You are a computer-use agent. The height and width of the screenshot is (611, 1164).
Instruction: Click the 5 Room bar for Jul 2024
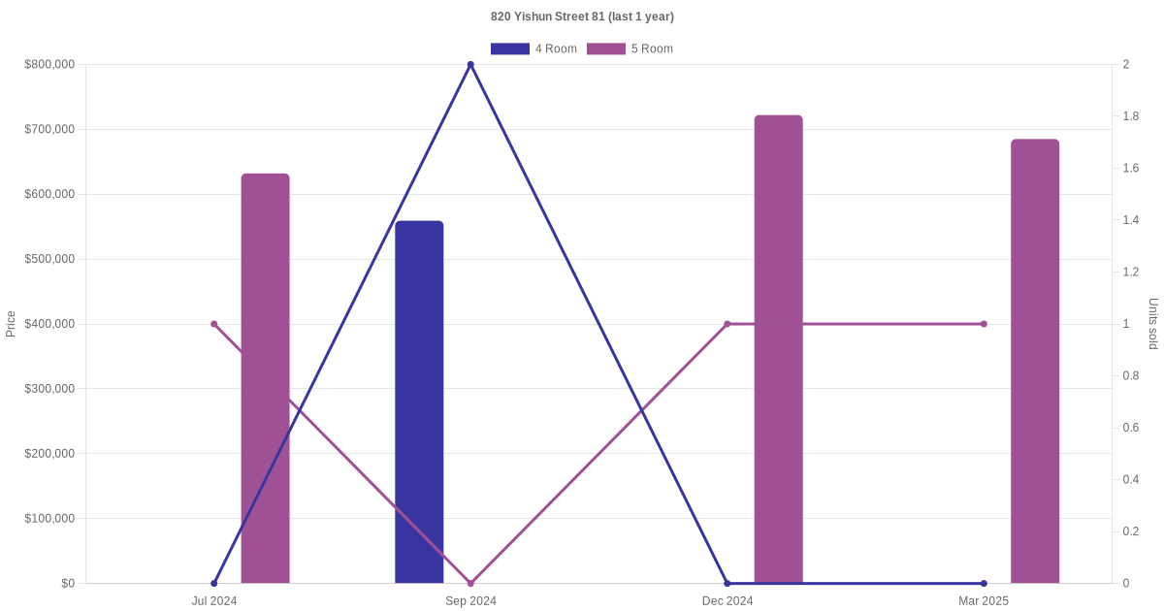tap(265, 378)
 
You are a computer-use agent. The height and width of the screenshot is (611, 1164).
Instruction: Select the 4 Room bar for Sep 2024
tap(419, 402)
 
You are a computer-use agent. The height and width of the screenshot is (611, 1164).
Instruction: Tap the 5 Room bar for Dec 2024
tap(778, 349)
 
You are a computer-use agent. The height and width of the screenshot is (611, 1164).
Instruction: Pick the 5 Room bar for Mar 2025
tap(1035, 361)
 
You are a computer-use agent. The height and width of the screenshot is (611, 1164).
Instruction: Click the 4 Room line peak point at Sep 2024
tap(470, 65)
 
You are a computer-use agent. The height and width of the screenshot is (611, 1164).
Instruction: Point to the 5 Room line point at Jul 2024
tap(214, 324)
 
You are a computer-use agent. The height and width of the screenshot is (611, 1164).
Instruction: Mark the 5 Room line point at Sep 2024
tap(470, 583)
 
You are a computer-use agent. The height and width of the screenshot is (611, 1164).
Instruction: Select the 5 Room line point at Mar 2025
tap(984, 324)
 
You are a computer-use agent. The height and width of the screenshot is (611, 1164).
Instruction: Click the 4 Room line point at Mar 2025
tap(984, 583)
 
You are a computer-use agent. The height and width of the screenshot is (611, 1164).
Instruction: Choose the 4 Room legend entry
tap(533, 48)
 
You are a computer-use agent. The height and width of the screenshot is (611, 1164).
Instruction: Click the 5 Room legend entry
tap(630, 48)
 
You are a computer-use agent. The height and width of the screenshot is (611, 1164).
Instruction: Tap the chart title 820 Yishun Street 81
tap(582, 16)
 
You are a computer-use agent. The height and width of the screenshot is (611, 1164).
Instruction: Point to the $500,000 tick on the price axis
tap(49, 259)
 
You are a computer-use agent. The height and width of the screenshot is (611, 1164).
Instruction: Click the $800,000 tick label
tap(49, 65)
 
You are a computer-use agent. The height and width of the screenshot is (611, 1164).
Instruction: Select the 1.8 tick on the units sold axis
tap(1131, 116)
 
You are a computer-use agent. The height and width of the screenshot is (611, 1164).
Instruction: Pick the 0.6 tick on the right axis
tap(1131, 428)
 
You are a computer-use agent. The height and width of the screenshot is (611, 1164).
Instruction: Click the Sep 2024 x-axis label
tap(470, 601)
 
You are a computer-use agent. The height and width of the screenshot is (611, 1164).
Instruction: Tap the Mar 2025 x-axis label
tap(984, 601)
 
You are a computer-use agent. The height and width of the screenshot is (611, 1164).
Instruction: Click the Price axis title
tap(11, 324)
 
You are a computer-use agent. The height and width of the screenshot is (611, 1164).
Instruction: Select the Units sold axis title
tap(1153, 324)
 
